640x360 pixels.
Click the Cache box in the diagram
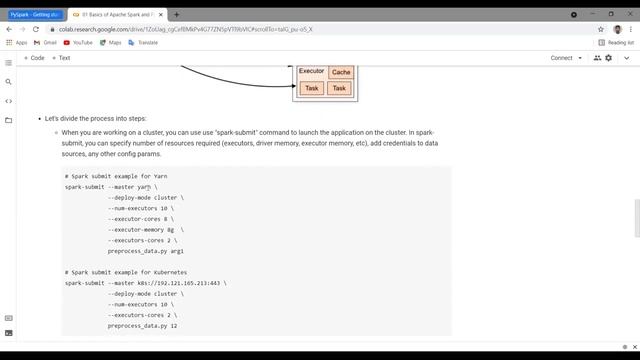click(341, 72)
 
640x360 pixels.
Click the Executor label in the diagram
click(311, 71)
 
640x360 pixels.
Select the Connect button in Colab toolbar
click(561, 58)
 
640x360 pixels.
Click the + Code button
click(35, 58)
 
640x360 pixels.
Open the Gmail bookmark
click(46, 43)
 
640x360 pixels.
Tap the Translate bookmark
click(143, 43)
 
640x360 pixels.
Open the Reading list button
click(616, 43)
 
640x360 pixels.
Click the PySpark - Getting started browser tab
click(32, 15)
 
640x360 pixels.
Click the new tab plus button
click(177, 15)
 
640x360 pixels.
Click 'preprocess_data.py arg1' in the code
click(146, 251)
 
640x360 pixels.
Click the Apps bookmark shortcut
click(17, 43)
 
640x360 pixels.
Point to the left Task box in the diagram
click(311, 88)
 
